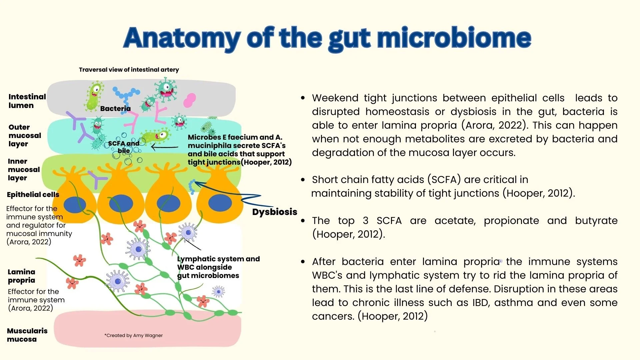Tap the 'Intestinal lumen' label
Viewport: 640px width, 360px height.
(x=27, y=101)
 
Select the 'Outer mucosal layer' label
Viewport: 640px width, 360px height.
(x=25, y=136)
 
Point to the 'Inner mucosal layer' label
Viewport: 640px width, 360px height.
(x=24, y=170)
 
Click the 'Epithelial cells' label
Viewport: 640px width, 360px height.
(x=33, y=195)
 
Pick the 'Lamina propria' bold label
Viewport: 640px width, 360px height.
(x=21, y=276)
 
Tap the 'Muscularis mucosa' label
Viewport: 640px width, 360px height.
(x=27, y=335)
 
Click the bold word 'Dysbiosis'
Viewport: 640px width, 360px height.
(x=274, y=212)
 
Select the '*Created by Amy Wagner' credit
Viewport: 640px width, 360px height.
(x=133, y=335)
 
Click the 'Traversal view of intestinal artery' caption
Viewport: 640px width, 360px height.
(x=129, y=70)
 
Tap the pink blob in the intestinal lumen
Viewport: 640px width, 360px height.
(x=190, y=100)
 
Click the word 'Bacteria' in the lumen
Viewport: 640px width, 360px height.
(x=115, y=108)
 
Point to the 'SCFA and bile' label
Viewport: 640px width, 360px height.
(x=124, y=147)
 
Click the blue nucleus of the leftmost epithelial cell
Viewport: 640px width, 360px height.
(x=75, y=205)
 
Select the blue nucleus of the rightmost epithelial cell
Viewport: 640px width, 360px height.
(x=220, y=203)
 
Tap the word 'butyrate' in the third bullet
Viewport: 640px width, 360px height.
(x=596, y=221)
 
